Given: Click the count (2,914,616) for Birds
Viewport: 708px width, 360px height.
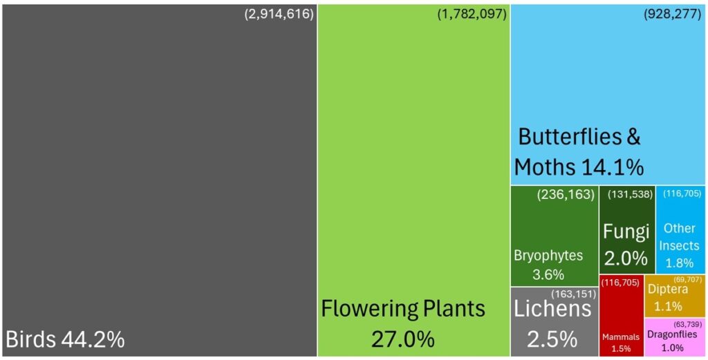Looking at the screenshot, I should pos(279,14).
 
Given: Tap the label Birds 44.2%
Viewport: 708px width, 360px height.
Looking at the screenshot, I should pos(65,339).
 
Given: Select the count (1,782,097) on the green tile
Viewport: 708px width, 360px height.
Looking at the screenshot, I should pos(472,14).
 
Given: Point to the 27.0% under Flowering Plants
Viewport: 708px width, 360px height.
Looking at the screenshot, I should pos(402,339).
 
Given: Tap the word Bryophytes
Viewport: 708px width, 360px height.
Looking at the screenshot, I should pos(548,255).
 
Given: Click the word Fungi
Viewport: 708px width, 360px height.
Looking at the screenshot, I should pos(626,230).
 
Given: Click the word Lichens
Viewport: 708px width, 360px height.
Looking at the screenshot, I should pos(553,309).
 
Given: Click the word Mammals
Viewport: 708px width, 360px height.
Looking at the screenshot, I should pos(621,337).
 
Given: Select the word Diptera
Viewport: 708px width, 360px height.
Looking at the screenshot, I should pos(667,290).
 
